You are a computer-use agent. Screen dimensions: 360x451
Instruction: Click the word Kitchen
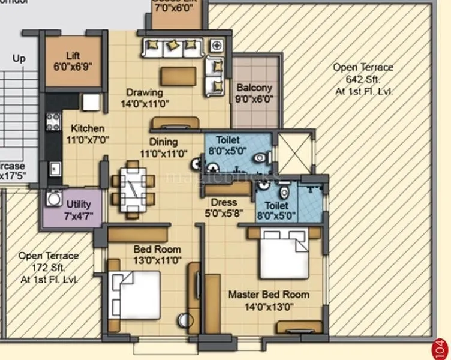(88, 128)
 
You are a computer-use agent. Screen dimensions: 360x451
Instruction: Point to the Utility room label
(79, 205)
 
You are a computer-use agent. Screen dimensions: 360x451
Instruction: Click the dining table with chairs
(133, 188)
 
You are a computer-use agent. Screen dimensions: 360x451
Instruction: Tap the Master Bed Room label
(269, 295)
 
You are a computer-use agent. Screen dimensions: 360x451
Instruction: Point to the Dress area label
(224, 203)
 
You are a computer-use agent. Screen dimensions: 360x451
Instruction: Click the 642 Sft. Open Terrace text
(363, 79)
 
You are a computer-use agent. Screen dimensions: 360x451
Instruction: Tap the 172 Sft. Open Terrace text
(49, 268)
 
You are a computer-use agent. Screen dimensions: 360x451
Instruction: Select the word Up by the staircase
(19, 59)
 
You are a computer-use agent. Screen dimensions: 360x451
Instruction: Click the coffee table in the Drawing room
(178, 76)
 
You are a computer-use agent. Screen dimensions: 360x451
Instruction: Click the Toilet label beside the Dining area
(227, 140)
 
